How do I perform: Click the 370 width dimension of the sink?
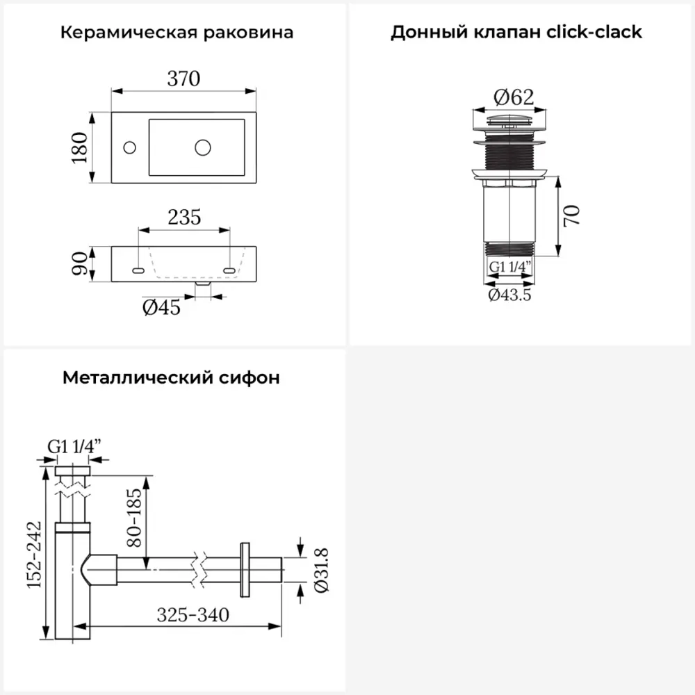(183, 80)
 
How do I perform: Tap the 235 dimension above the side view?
(184, 218)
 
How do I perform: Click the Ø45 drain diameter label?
(162, 307)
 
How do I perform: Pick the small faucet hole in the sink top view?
(129, 147)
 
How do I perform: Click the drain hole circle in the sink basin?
(203, 147)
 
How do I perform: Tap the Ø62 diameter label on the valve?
(511, 98)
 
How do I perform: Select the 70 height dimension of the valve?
(571, 216)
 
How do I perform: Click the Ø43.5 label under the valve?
(510, 295)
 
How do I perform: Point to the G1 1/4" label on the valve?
(511, 267)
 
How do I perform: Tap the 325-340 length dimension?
(193, 615)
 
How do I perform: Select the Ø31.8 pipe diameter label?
(321, 570)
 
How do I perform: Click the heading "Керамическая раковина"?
(177, 33)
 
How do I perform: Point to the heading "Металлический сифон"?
(172, 378)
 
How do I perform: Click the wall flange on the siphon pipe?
(245, 569)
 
